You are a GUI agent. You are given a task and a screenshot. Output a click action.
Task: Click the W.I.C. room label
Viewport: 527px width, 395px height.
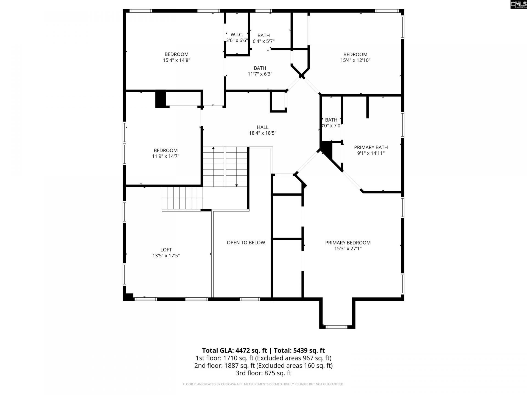click(237, 35)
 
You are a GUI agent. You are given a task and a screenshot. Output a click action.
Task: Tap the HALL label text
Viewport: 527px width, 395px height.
click(262, 127)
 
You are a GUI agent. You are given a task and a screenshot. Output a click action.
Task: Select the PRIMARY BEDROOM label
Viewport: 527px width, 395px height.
click(348, 243)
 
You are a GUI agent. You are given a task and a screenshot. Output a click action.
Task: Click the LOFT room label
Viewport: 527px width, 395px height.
click(166, 250)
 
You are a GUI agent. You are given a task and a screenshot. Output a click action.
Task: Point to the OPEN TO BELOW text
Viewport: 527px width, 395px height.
click(246, 243)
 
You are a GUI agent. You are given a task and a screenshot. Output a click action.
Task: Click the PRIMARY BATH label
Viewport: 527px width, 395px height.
click(371, 147)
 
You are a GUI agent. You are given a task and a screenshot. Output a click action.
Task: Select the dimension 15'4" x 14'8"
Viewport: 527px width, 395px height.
click(176, 60)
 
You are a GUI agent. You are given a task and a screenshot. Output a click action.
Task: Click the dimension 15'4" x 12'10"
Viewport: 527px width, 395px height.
click(355, 60)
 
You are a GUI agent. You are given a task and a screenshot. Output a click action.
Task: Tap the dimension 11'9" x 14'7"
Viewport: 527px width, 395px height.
click(166, 156)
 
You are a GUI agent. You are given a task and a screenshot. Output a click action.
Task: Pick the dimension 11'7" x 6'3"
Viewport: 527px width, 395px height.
click(260, 74)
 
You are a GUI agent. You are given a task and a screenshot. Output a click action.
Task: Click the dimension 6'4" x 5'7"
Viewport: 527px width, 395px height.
click(263, 41)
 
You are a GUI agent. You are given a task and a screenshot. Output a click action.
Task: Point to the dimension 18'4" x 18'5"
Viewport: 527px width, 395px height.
click(262, 133)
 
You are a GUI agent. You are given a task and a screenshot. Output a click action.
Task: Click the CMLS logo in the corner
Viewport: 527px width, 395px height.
click(518, 4)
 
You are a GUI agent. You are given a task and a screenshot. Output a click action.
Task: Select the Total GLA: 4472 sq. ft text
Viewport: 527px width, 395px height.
click(234, 350)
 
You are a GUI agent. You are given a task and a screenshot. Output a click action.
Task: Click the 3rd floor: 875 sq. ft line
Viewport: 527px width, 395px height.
click(263, 373)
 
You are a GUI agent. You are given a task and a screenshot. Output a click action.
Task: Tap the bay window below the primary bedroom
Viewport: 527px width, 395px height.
click(337, 327)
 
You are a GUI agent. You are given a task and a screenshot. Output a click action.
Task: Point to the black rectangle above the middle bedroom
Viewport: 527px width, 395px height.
click(161, 99)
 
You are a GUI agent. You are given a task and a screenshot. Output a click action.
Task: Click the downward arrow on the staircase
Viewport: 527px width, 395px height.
click(237, 185)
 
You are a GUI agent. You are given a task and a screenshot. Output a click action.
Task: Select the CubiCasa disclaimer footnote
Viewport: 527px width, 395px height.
click(263, 384)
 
